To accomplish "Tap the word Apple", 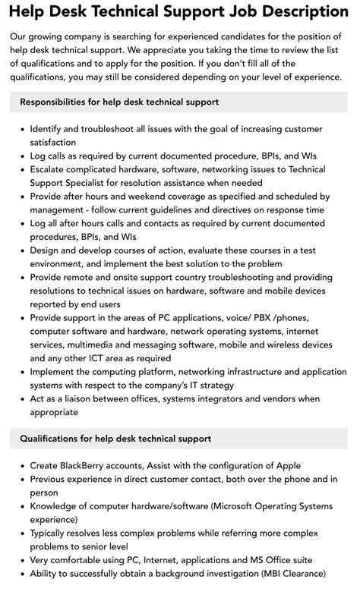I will (x=286, y=465).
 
